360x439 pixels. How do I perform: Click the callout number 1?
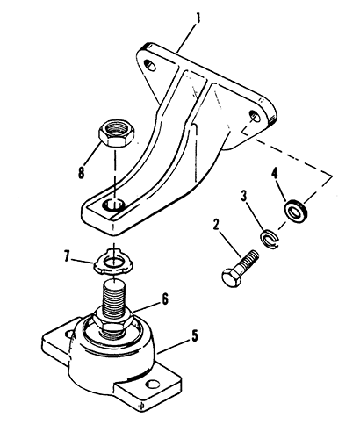[x=198, y=18]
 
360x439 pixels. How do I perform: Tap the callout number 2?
[x=216, y=225]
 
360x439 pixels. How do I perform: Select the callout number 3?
[x=244, y=196]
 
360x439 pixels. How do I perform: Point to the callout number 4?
[x=274, y=174]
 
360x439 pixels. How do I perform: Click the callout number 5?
[x=195, y=335]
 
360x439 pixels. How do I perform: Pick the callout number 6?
[x=165, y=299]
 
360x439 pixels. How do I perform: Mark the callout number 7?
[x=67, y=256]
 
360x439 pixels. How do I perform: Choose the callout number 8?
[x=81, y=172]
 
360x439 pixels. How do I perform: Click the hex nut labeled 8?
[x=116, y=133]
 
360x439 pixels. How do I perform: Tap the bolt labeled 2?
[x=240, y=268]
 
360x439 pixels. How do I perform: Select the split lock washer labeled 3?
[x=270, y=236]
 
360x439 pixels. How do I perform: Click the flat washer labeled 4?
[x=296, y=210]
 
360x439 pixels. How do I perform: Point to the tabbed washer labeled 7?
[x=113, y=262]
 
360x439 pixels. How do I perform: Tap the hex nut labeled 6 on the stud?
[x=113, y=320]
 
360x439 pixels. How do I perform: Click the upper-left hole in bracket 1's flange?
[x=151, y=65]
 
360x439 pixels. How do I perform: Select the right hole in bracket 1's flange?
[x=254, y=116]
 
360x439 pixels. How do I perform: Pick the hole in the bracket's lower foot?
[x=113, y=205]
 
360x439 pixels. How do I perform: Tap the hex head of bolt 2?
[x=232, y=277]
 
